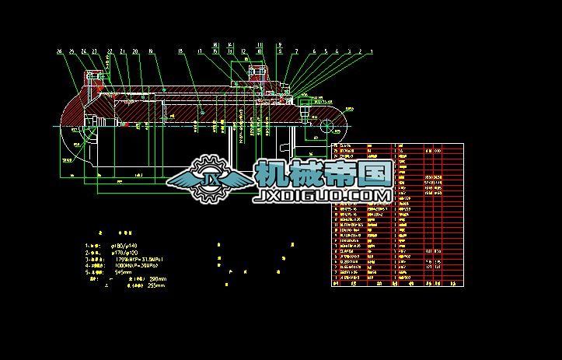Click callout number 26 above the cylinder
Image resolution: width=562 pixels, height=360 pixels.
(x=59, y=52)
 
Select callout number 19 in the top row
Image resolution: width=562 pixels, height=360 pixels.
(x=150, y=52)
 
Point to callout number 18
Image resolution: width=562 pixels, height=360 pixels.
(x=180, y=52)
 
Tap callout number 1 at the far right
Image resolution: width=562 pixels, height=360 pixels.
(x=372, y=52)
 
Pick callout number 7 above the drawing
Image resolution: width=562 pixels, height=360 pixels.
(x=296, y=52)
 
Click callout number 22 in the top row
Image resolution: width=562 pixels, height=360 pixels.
(x=110, y=52)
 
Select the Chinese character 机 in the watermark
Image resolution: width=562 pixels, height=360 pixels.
(x=271, y=174)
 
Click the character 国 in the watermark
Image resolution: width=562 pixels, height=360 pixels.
(x=376, y=174)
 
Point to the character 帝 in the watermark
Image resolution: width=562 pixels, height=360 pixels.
(x=341, y=174)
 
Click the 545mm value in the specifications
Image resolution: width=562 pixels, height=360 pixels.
(x=123, y=273)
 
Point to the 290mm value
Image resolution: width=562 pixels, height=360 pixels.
(x=157, y=279)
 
